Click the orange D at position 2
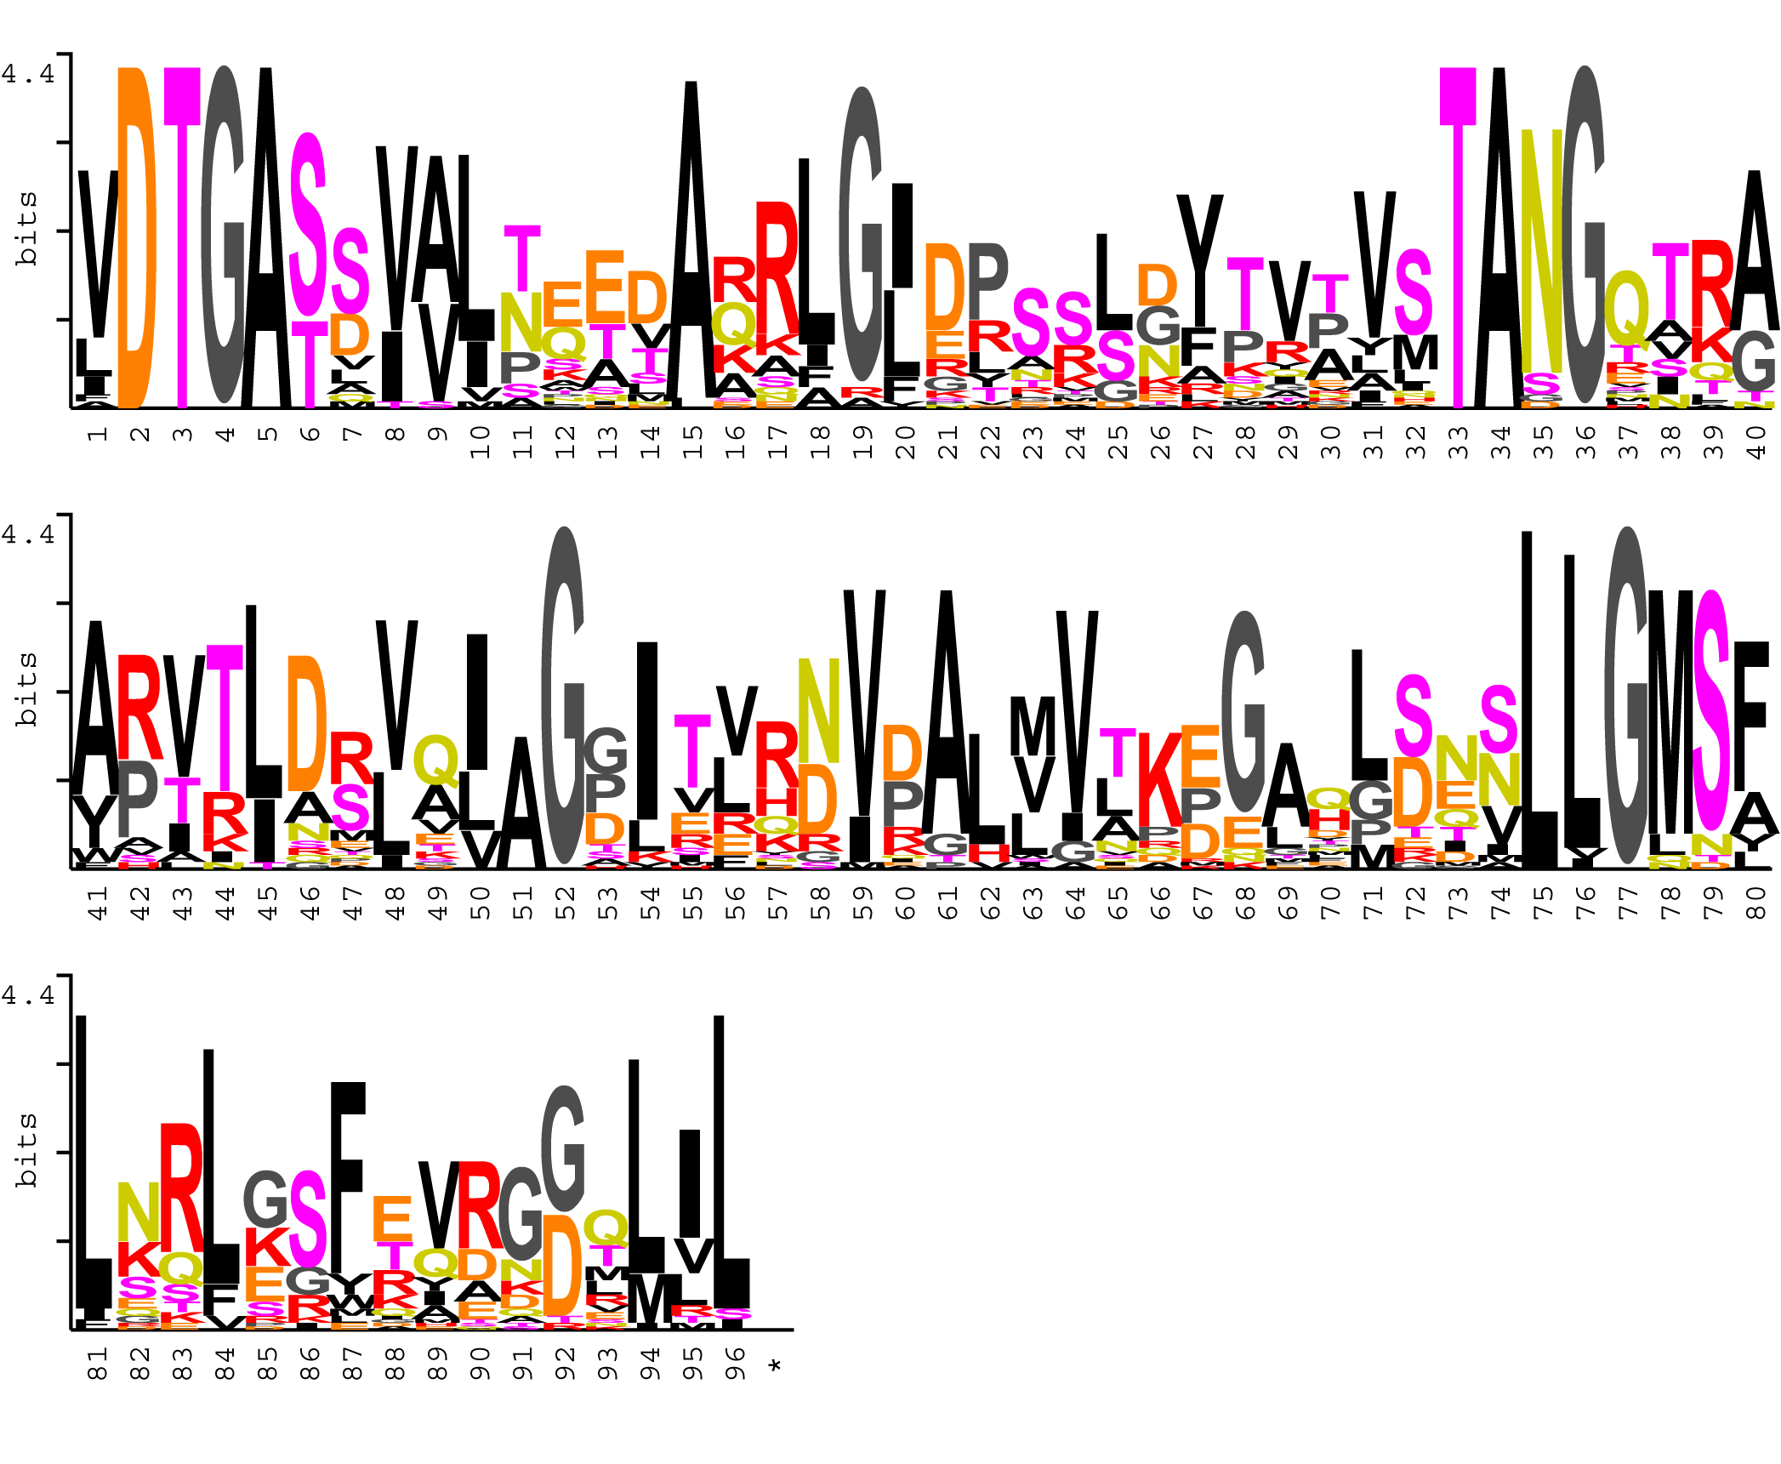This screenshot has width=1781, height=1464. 137,238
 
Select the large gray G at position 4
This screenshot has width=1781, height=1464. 224,234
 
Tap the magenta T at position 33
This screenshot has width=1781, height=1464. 1458,238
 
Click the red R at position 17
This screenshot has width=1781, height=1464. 777,268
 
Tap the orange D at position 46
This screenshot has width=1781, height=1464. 307,723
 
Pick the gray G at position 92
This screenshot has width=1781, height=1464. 563,1148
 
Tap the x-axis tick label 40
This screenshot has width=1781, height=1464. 1755,441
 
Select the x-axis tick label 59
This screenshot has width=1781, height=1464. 862,903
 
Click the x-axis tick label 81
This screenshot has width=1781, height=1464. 97,1363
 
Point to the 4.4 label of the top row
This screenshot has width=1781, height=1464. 28,73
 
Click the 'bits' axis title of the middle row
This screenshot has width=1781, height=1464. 26,689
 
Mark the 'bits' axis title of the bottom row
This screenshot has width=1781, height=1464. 26,1150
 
